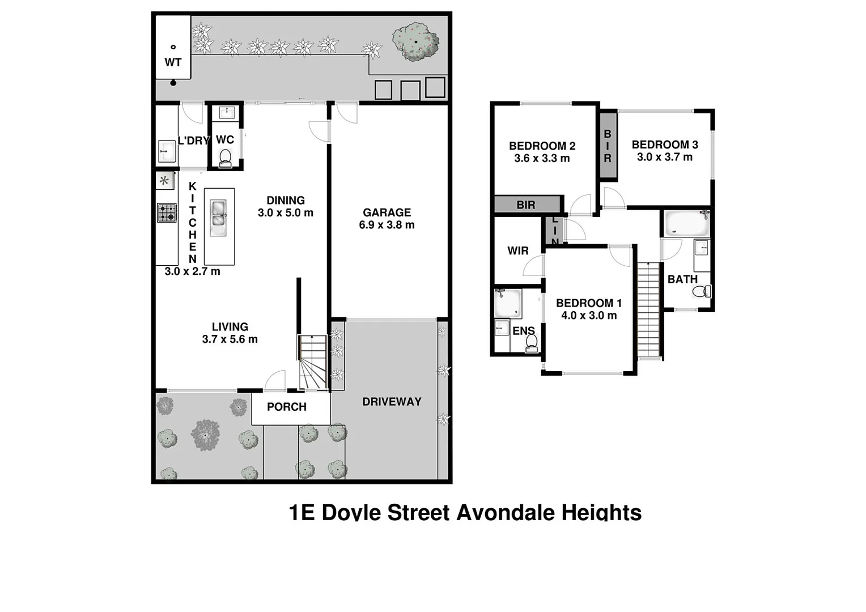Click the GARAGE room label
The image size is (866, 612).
[x=387, y=212]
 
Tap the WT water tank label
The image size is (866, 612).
[x=173, y=62]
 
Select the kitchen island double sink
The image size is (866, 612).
[x=219, y=217]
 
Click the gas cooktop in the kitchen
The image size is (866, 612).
[x=167, y=212]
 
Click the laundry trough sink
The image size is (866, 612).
[x=167, y=151]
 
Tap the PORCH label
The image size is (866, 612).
[x=287, y=407]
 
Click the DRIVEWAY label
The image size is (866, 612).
[x=392, y=402]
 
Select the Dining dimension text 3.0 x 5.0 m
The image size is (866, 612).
[x=286, y=213]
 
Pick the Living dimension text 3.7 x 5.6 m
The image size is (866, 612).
[x=230, y=339]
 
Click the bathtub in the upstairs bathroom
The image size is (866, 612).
[x=686, y=223]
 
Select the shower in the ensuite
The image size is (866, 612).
[x=508, y=304]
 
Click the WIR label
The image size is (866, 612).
[x=518, y=250]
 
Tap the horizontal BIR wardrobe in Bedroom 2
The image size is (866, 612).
[x=527, y=205]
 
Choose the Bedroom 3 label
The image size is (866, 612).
[x=665, y=145]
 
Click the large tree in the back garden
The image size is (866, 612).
[x=416, y=42]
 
